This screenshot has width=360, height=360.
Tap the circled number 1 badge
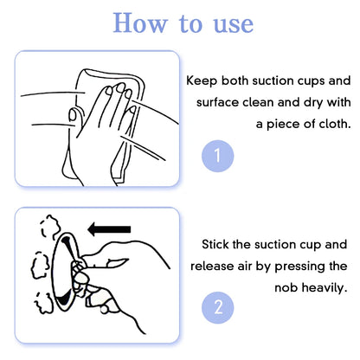pos(217,156)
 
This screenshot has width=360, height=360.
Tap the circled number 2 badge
pos(217,307)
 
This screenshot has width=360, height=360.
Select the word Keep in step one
pos(203,80)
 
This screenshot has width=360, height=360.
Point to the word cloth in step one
pos(331,124)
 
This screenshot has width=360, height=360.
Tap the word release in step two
pos(214,266)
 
